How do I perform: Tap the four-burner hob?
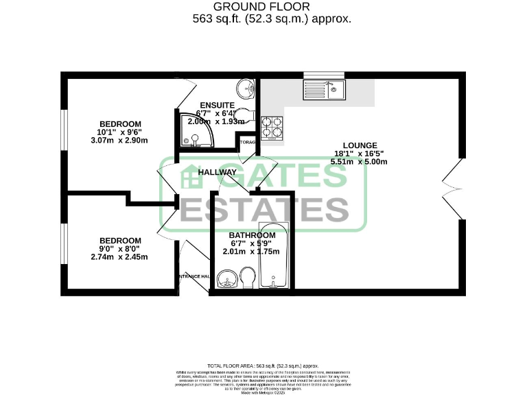point(272,127)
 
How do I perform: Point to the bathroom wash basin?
point(226,280)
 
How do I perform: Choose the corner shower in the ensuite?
point(196,132)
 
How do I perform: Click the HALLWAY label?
point(218,172)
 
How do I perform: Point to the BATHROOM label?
point(252,235)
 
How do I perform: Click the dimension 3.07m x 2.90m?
point(119,141)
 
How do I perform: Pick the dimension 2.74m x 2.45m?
point(119,257)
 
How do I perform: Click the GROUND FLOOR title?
point(263,7)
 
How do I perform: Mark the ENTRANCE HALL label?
point(192,276)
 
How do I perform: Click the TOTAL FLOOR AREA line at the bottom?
point(263,367)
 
